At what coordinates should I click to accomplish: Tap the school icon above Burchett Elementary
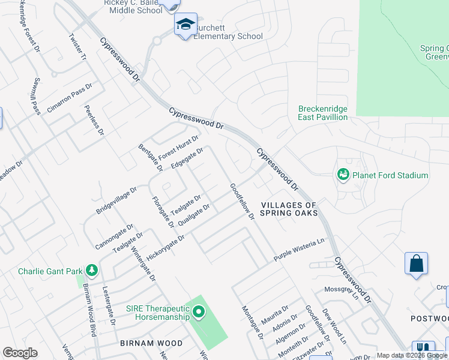(185, 25)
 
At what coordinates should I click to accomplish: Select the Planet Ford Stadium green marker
(343, 175)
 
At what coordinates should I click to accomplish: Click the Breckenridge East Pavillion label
(323, 113)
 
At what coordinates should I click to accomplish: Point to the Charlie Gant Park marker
(91, 271)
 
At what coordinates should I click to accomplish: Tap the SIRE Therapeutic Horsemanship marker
(199, 311)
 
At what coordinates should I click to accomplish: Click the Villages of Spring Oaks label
(289, 209)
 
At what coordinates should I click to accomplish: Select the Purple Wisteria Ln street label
(299, 250)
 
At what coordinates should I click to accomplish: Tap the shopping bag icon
(416, 263)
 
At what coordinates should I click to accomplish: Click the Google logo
(20, 353)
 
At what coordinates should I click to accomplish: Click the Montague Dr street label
(253, 322)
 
